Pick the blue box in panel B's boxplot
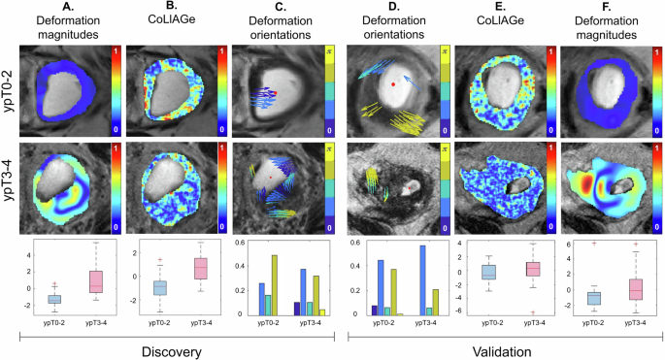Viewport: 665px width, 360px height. click(x=159, y=287)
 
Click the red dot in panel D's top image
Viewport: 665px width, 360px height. click(x=391, y=85)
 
